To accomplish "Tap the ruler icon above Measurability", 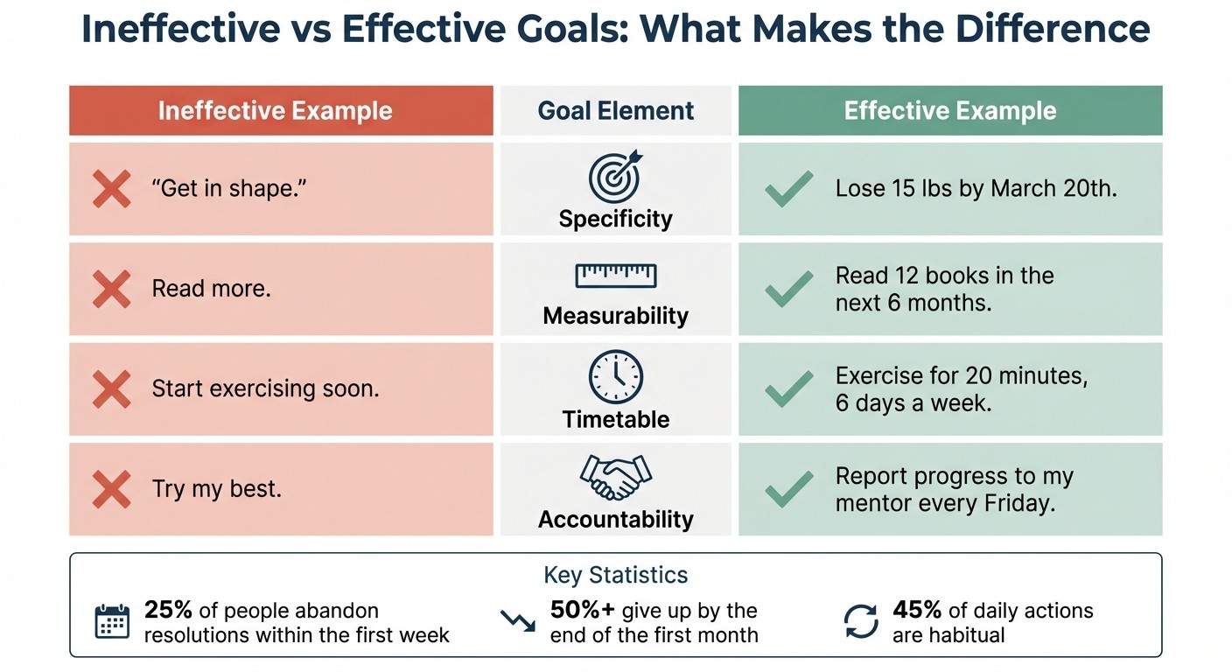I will [x=615, y=276].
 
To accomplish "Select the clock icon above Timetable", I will [x=615, y=377].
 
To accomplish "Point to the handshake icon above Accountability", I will [x=615, y=477].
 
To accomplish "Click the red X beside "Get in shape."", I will [x=111, y=189].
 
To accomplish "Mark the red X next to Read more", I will [x=111, y=289].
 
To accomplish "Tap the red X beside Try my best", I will [x=111, y=489].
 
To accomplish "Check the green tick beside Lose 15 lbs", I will [x=788, y=189].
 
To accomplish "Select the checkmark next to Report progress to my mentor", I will [x=788, y=489].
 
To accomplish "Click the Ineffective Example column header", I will [x=275, y=111].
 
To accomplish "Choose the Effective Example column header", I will [x=949, y=111].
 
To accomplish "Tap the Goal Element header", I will [x=615, y=111].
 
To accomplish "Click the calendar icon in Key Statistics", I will [x=111, y=620].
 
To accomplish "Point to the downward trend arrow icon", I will [x=517, y=620].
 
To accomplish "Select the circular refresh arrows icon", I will [x=860, y=620].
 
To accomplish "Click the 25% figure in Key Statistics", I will [x=168, y=610].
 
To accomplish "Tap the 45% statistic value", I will [x=917, y=610].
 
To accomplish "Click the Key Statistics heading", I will [x=615, y=575].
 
